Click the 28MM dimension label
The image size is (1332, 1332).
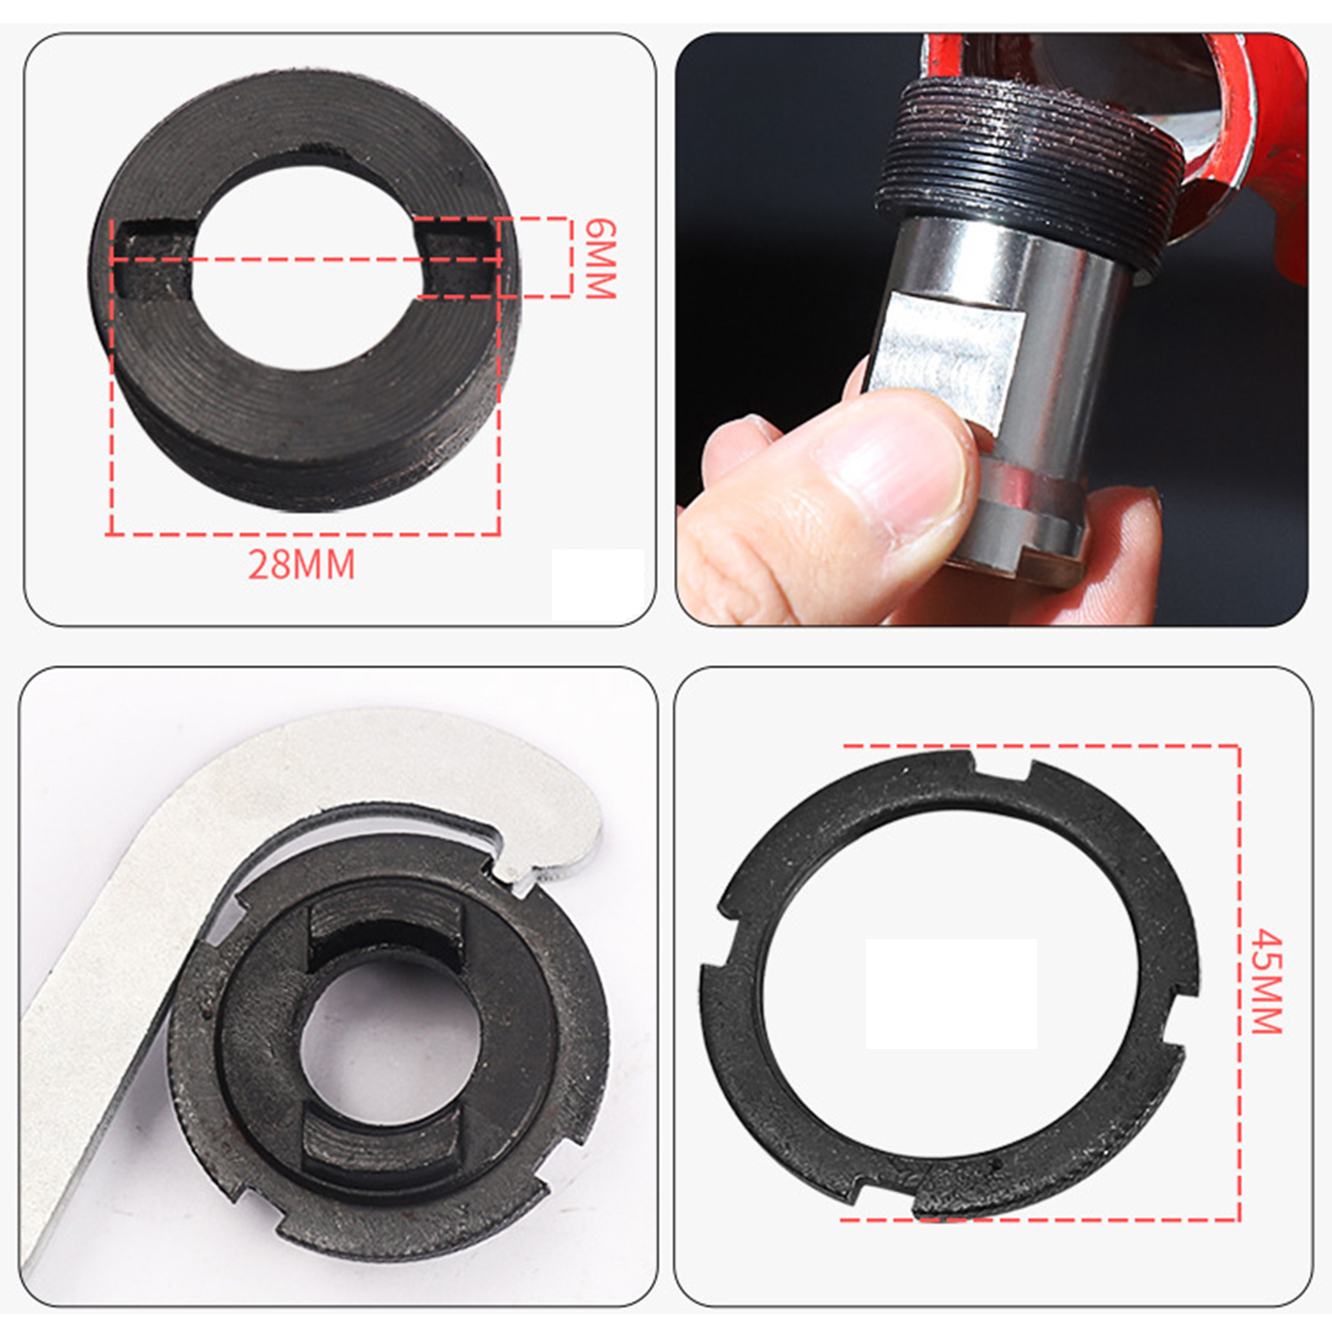[x=301, y=564]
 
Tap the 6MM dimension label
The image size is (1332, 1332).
[x=599, y=259]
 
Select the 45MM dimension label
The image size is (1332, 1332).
[x=1267, y=982]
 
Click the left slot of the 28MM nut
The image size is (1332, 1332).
[x=153, y=261]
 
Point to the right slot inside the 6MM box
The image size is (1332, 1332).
[x=455, y=259]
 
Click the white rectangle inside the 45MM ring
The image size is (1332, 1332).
[x=951, y=993]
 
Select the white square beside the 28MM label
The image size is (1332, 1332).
[x=598, y=583]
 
